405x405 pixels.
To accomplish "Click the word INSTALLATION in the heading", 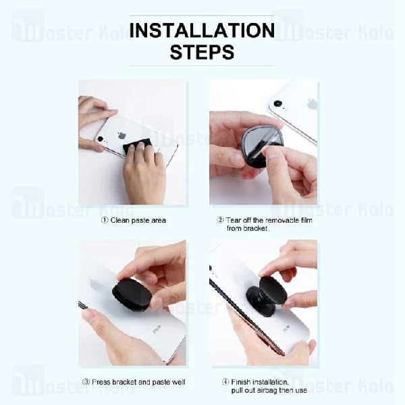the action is coord(202,30).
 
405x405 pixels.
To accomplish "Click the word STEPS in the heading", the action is coord(202,52).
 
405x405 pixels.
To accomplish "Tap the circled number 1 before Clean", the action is coord(105,220).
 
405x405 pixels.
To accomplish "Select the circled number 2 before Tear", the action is coord(220,220).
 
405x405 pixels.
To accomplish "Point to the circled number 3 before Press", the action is coord(86,382).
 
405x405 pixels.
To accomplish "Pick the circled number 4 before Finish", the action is coord(225,382).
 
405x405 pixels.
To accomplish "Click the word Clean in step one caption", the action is coord(120,220).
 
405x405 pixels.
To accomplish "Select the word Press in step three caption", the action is coord(101,382).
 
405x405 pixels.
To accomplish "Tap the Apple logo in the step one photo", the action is coord(121,136).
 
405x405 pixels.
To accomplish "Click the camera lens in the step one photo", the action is coord(101,139).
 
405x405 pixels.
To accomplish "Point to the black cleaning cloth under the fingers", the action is coord(137,147).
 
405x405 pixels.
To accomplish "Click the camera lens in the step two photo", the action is coord(277,103).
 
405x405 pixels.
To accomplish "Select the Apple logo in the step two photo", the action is coord(313,103).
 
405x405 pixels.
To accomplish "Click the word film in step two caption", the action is coord(307,220).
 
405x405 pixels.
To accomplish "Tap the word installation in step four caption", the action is coord(269,382).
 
